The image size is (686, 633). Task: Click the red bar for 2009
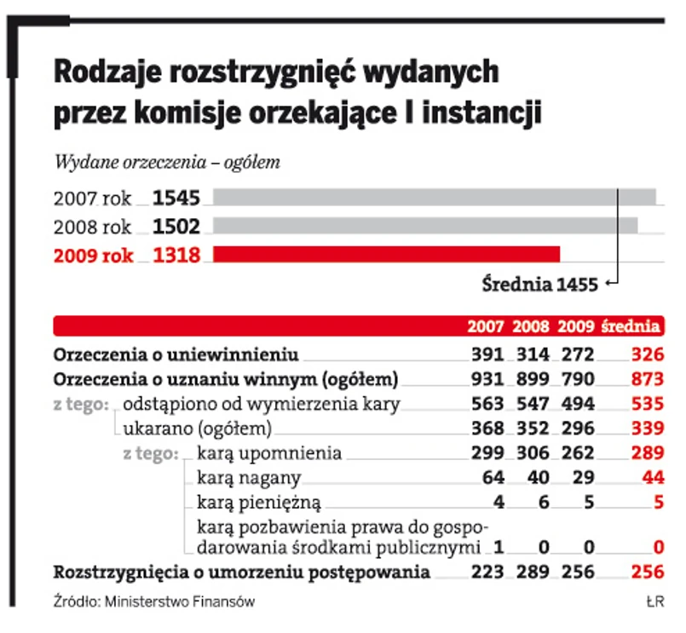pos(386,254)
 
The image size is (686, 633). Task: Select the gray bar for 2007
pos(434,198)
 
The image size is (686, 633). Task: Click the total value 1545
pos(176,199)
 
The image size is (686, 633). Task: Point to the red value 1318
pos(176,255)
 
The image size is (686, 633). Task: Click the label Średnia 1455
pos(539,285)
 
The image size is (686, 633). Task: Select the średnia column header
pos(631,325)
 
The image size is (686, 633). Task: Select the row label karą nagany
pos(249,478)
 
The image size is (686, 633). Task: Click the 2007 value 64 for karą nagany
pos(493,478)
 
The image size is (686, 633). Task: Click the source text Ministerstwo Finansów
pos(178,601)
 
